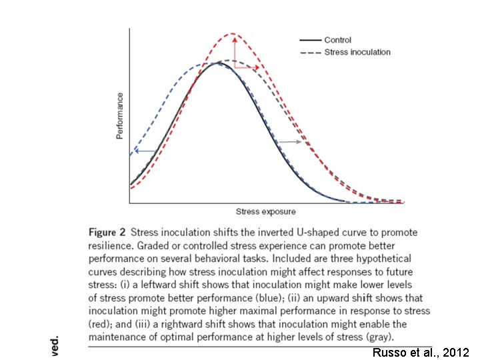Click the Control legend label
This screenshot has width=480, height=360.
(x=337, y=41)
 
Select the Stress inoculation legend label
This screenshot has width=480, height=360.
(x=357, y=52)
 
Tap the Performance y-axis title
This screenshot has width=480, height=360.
(x=120, y=115)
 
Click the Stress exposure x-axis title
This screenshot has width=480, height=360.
(x=265, y=212)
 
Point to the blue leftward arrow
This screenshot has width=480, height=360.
(x=144, y=151)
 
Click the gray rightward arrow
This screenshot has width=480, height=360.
(x=290, y=142)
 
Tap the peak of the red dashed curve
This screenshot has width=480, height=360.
(x=233, y=33)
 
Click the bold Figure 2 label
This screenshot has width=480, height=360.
(x=107, y=233)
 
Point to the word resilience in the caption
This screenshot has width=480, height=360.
(x=110, y=245)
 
